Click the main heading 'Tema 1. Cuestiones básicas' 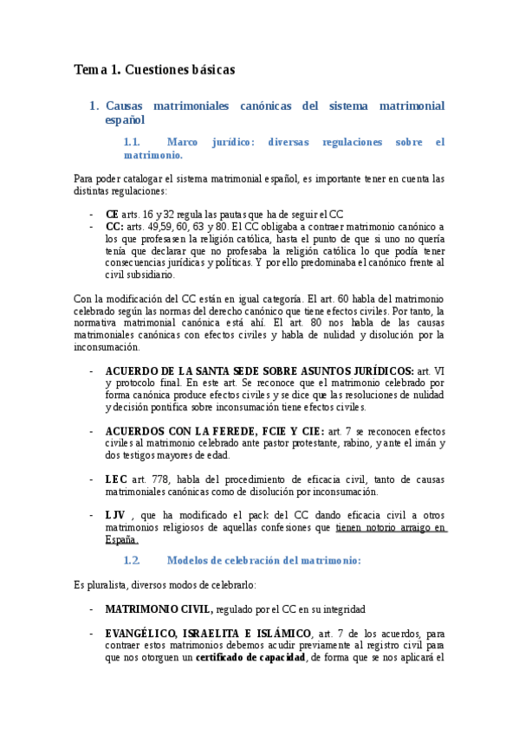coord(154,68)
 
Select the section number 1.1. coord(133,142)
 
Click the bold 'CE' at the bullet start coord(112,214)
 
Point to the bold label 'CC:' coord(114,226)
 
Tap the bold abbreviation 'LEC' coord(116,479)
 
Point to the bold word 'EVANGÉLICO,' coord(143,634)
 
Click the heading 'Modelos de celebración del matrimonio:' coord(263,560)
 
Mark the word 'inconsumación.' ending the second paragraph coord(107,346)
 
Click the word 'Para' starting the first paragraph coord(86,179)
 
